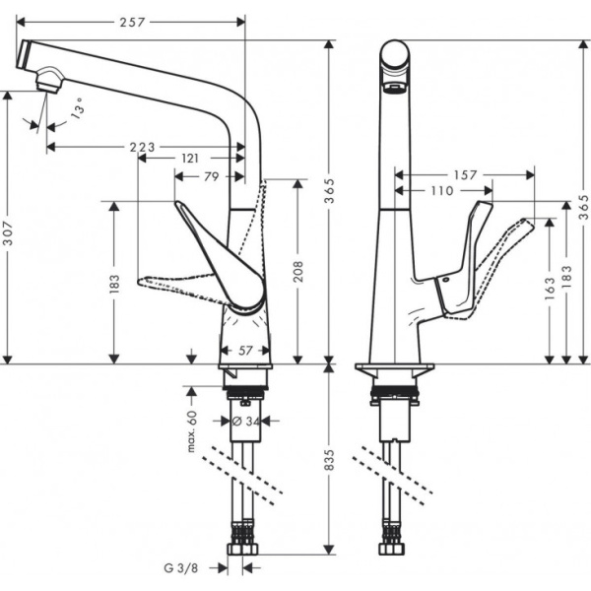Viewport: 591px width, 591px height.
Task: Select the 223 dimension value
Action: (143, 147)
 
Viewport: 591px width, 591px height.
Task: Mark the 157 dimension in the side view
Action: (467, 174)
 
